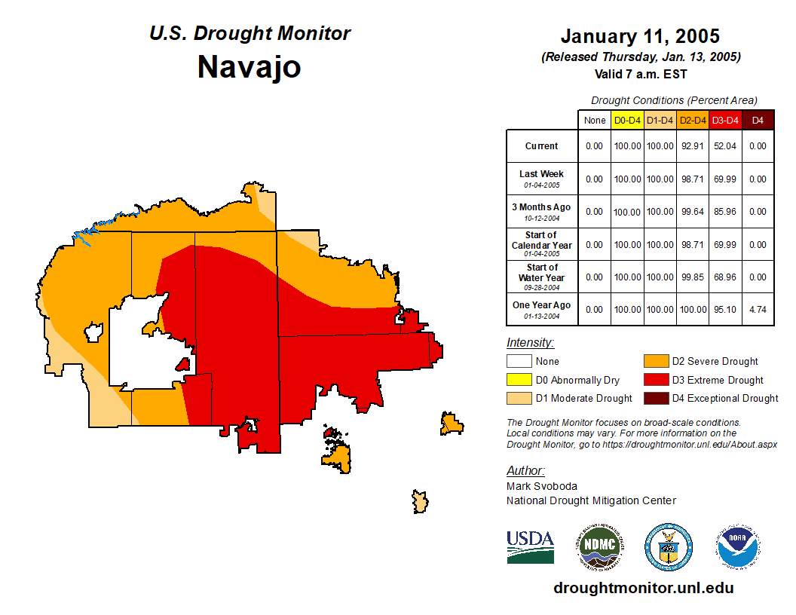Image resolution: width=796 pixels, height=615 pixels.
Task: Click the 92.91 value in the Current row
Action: pyautogui.click(x=692, y=146)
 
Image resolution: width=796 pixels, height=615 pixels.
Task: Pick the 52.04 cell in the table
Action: pyautogui.click(x=725, y=146)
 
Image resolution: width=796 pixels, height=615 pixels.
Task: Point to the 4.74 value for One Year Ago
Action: pyautogui.click(x=758, y=309)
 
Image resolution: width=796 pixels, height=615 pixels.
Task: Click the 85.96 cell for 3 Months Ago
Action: pyautogui.click(x=725, y=212)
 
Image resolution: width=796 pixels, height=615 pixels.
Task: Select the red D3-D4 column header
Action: pyautogui.click(x=725, y=121)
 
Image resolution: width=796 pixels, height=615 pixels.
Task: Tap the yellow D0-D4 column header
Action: pyautogui.click(x=627, y=121)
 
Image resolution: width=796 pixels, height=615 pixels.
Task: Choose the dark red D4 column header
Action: pyautogui.click(x=758, y=121)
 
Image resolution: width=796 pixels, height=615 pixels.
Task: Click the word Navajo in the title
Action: pyautogui.click(x=249, y=68)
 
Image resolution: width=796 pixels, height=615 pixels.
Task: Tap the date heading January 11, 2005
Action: pyautogui.click(x=640, y=36)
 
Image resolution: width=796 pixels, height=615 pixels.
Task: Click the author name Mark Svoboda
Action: pyautogui.click(x=541, y=486)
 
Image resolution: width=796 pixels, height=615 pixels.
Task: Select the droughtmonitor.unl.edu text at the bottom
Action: pyautogui.click(x=643, y=588)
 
